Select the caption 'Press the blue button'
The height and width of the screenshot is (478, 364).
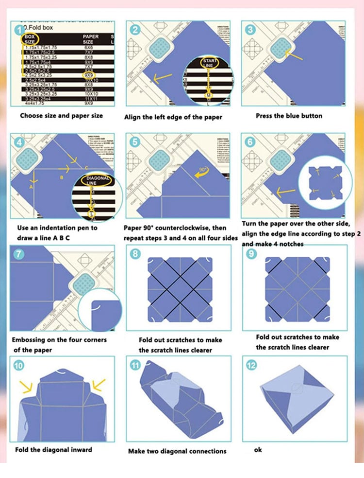(x=289, y=116)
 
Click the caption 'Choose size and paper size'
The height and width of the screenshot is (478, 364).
(x=61, y=116)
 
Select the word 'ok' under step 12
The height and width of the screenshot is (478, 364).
(x=258, y=450)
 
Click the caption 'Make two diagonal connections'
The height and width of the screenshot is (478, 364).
(x=177, y=451)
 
